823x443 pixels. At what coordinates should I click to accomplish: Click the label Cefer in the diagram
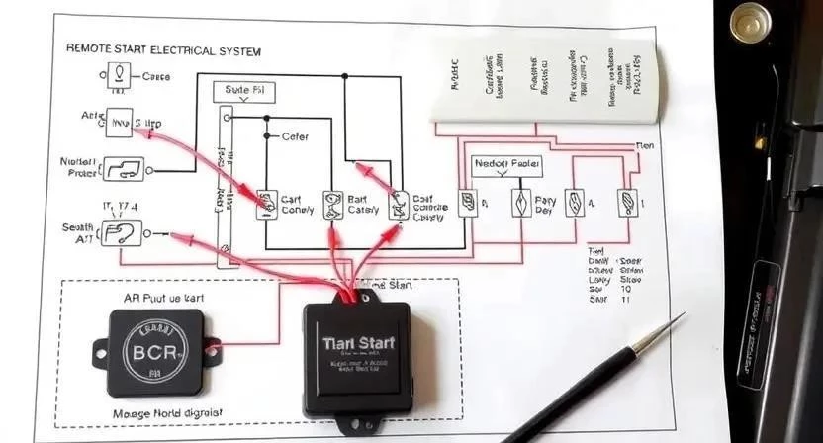pos(296,136)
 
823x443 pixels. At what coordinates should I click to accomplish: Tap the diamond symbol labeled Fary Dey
pos(521,202)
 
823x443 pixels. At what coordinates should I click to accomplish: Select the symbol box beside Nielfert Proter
pos(125,169)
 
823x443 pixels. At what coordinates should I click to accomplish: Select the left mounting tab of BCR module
pos(100,351)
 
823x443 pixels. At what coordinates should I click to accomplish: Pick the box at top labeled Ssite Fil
pos(244,90)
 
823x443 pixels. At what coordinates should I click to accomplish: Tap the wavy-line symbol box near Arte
pos(120,122)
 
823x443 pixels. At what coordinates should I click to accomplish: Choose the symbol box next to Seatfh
pos(122,234)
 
